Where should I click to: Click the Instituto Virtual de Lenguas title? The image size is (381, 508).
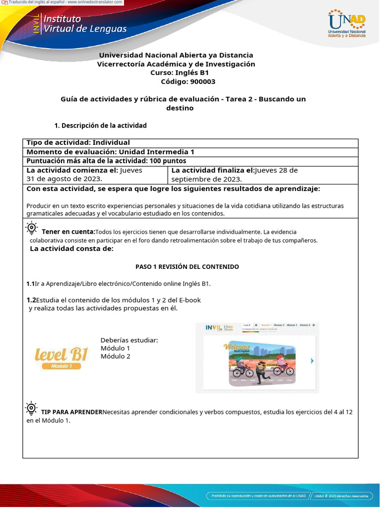point(85,24)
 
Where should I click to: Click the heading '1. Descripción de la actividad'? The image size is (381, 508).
point(100,126)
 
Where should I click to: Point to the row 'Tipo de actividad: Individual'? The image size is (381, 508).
point(78,143)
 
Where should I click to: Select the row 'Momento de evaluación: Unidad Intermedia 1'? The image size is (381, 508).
point(110,152)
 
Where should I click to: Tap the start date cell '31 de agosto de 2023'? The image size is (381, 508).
point(64,179)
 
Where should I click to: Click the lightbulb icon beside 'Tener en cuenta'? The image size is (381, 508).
point(32,228)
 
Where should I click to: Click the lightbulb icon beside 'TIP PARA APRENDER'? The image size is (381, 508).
point(31,408)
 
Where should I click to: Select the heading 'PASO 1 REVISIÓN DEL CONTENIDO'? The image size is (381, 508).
point(187,267)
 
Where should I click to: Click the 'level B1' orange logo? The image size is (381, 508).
point(61,354)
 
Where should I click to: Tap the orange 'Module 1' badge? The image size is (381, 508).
point(61,366)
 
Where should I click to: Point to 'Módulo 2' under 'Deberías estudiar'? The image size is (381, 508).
point(115,356)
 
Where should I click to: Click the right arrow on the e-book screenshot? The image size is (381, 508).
point(312,361)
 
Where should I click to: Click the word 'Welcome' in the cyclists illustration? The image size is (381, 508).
point(237,346)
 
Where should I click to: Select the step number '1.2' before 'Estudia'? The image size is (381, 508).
point(31,300)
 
